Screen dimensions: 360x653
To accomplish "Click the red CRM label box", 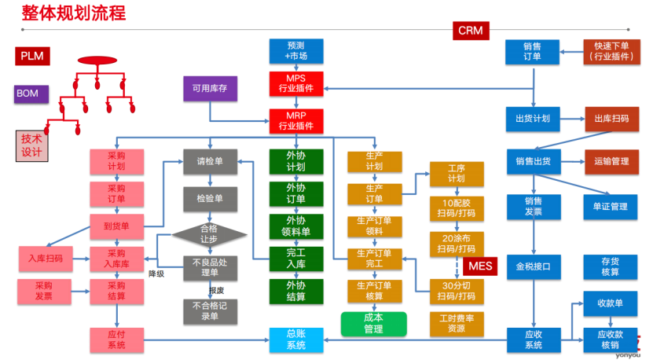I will (x=471, y=31).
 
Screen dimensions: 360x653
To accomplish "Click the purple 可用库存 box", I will (x=210, y=89).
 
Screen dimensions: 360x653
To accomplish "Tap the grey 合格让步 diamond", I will (x=210, y=233).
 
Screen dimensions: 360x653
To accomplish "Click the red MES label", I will (x=480, y=266).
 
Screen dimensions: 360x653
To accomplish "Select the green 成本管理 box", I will (x=373, y=323).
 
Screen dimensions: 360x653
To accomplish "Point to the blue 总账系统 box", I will (x=295, y=340).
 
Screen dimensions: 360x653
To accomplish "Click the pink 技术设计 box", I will (x=31, y=145).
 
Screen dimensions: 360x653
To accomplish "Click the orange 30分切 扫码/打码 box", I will (x=457, y=290).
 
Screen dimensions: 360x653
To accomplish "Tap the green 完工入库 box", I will (x=295, y=259).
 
